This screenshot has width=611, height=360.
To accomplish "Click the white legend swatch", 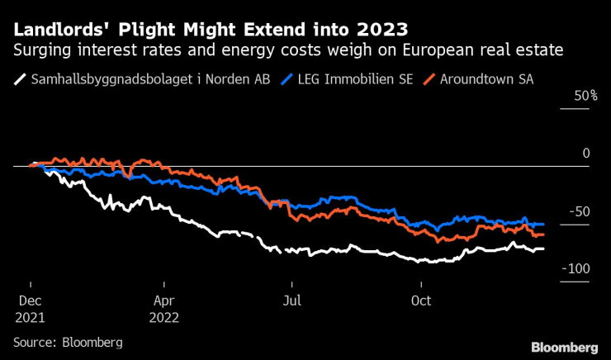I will (x=20, y=80).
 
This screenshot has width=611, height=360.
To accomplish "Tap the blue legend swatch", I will (x=287, y=80).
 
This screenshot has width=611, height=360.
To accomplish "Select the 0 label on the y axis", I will (x=586, y=154).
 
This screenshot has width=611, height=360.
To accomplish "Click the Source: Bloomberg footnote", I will (x=68, y=341).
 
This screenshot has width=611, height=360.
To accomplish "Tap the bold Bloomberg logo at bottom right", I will (x=564, y=346).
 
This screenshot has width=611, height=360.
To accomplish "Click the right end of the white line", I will (x=542, y=249).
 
